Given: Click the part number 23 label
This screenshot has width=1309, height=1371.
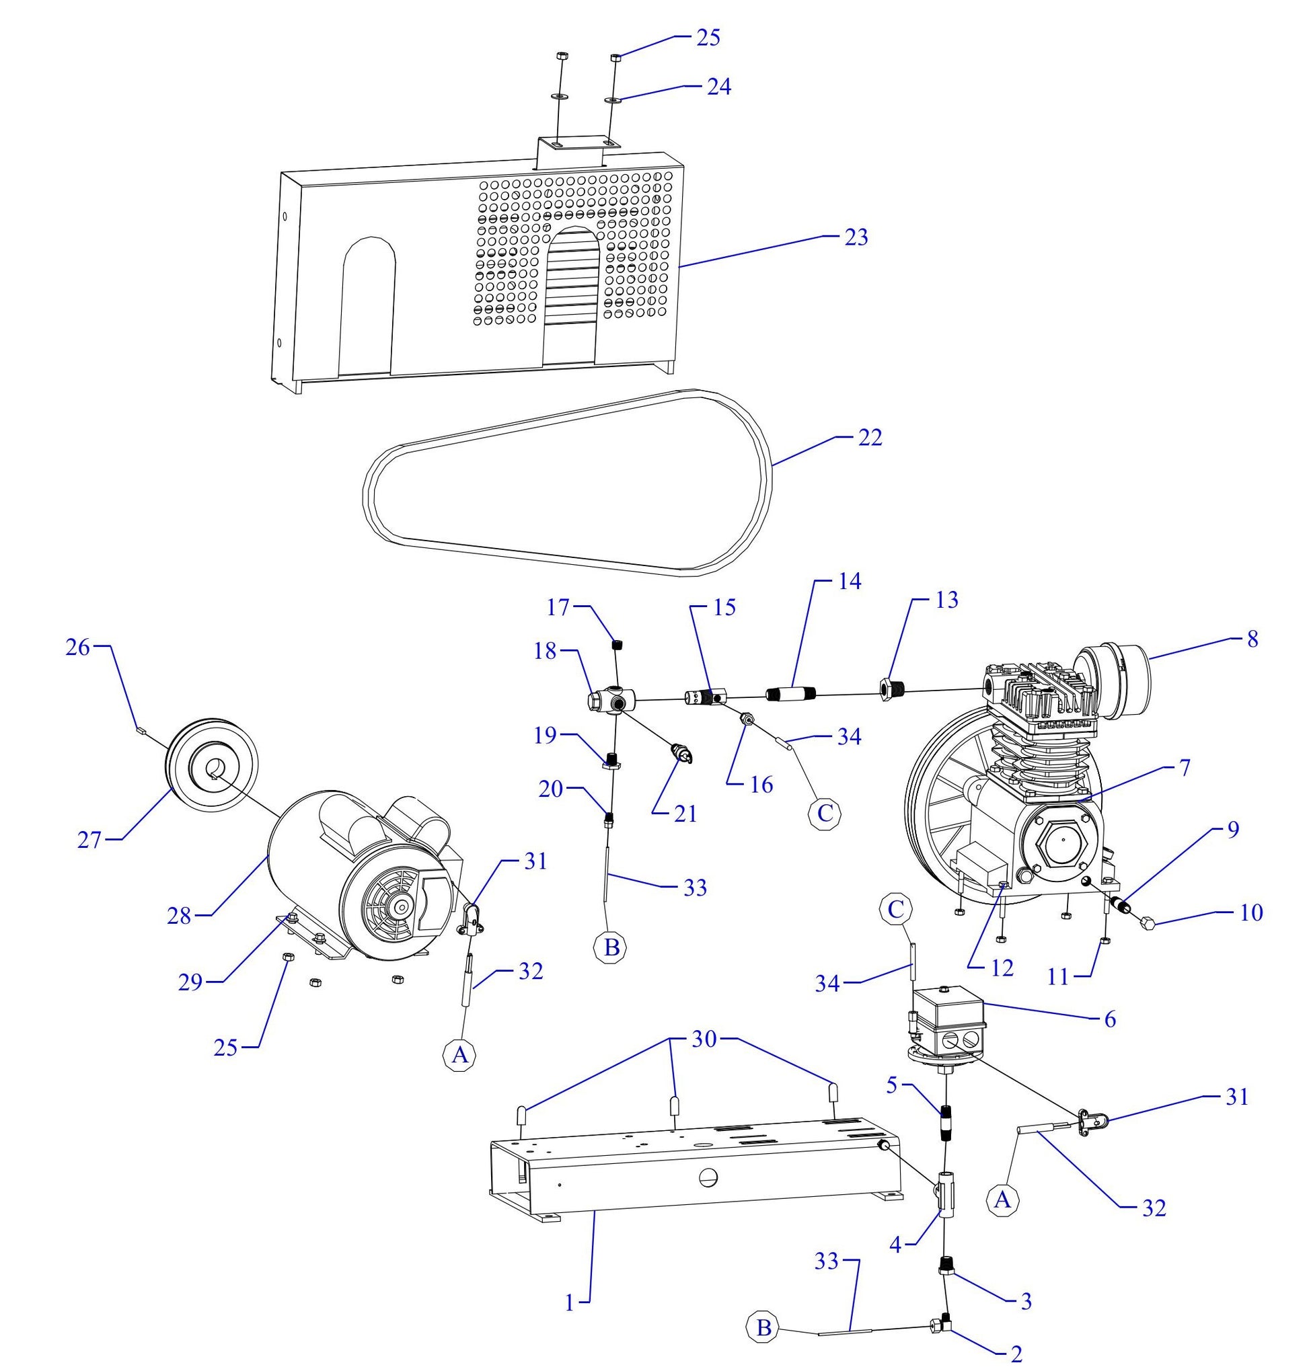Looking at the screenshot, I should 856,237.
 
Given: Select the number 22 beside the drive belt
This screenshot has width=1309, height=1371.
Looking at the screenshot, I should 869,437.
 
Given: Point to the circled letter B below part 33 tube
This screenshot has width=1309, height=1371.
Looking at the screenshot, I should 611,947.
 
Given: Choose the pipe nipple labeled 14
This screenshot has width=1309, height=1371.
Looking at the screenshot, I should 792,695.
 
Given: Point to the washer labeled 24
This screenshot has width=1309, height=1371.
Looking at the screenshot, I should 612,100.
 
